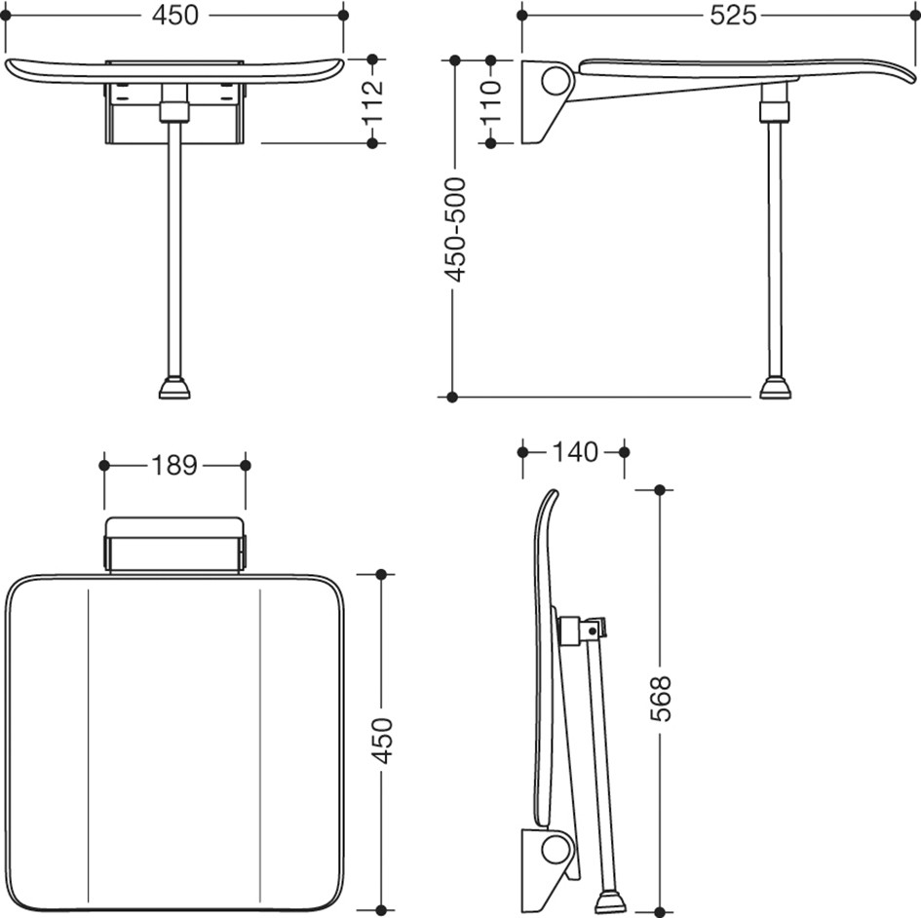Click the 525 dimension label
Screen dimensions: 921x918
[x=733, y=16]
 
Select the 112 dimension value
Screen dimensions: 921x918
[x=373, y=101]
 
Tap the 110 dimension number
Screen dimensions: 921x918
[x=491, y=101]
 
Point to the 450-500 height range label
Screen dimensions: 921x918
[x=455, y=230]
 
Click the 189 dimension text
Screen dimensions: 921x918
[x=174, y=465]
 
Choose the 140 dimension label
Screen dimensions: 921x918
[x=574, y=451]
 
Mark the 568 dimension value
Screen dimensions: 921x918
[x=660, y=699]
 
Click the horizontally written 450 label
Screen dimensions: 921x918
[x=175, y=16]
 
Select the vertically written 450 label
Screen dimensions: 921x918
[x=382, y=742]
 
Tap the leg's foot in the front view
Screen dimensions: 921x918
[x=174, y=388]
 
